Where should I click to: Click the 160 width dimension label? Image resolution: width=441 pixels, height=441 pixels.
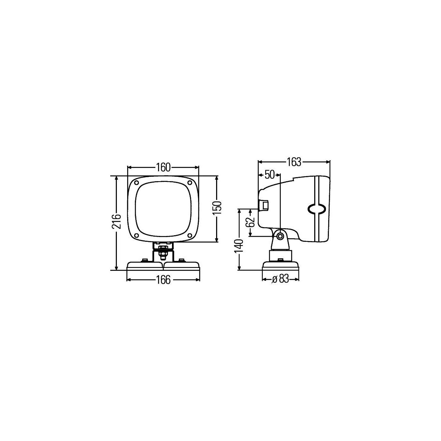pos(163,167)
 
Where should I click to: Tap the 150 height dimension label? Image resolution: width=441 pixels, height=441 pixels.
pos(217,208)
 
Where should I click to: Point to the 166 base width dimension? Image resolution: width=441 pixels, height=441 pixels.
pos(163,280)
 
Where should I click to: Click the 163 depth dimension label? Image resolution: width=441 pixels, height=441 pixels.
pos(294,162)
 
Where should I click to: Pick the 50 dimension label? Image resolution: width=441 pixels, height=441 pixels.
pos(269,175)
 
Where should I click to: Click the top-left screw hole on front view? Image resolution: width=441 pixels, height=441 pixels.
pos(137,183)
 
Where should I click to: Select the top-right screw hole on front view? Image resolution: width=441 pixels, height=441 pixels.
pos(190,183)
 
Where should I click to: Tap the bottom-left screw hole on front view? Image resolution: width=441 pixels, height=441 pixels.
pos(137,235)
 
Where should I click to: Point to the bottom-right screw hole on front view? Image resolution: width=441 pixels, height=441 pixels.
pos(190,235)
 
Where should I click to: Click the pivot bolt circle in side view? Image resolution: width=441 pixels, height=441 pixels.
pos(280,236)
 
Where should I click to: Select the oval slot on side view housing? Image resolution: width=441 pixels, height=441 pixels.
pos(316,209)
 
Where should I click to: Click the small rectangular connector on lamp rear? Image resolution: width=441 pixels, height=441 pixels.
pos(264,205)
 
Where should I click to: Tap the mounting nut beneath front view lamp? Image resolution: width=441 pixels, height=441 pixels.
pos(163,254)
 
